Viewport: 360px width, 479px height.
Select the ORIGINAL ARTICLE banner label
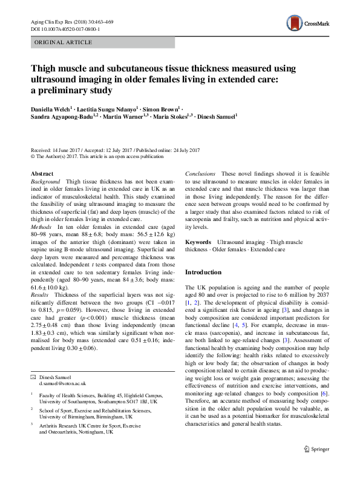coord(64,42)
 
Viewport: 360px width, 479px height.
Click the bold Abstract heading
coord(42,174)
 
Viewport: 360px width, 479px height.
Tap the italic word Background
coord(45,182)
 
